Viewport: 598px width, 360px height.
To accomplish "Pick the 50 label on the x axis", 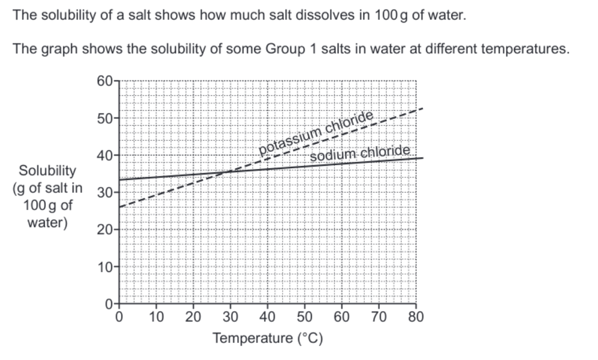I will click(305, 316).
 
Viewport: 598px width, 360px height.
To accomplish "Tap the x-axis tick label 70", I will click(379, 316).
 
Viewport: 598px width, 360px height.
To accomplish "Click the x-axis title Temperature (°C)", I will click(268, 338).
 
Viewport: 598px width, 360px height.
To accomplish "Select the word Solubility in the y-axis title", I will click(47, 170).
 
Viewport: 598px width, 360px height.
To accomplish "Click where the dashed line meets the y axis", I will click(120, 207).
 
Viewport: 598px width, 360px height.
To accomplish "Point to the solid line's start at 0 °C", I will click(120, 180).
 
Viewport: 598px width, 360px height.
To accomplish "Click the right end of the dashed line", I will click(422, 109).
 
